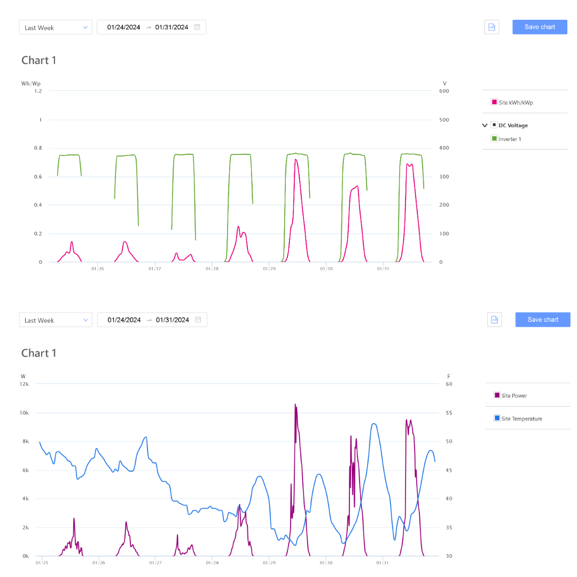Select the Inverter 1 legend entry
510,139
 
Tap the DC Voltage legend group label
513,126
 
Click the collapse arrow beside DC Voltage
485,126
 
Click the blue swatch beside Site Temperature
497,418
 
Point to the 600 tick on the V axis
444,91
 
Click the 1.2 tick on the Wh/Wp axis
38,91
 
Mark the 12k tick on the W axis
25,384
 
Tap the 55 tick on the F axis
449,413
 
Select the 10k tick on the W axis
25,413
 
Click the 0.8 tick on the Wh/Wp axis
38,148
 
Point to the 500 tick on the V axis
444,120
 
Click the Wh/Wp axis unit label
30,83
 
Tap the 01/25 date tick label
42,563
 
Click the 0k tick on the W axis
26,556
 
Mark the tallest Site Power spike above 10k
295,404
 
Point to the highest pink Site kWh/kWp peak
295,159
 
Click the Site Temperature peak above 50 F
374,424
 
